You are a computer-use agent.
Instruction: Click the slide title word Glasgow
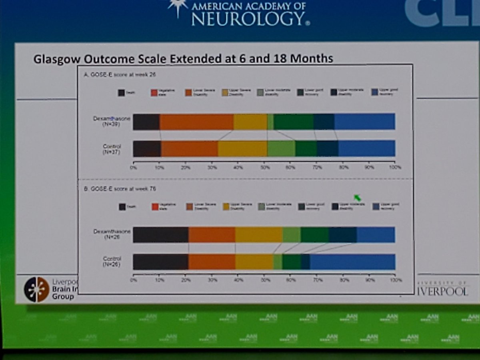57,59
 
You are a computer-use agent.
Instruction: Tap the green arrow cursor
357,198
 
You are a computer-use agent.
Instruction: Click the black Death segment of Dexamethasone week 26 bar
146,122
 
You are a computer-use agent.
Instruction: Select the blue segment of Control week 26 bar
366,148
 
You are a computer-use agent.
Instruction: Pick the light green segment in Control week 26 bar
281,148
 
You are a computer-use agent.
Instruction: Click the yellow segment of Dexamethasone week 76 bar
259,235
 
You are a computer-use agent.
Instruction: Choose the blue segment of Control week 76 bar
352,262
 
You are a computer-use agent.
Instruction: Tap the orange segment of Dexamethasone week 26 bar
196,122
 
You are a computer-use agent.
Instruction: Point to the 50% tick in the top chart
265,167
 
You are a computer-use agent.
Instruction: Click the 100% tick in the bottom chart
395,280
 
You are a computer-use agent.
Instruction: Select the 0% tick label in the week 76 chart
133,280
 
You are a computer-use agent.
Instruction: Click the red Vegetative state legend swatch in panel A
154,93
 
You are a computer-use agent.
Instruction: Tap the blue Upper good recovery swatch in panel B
376,206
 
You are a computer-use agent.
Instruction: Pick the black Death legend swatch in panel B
122,207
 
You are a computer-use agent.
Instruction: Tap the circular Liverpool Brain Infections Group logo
36,289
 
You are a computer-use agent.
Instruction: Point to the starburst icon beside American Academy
178,7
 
